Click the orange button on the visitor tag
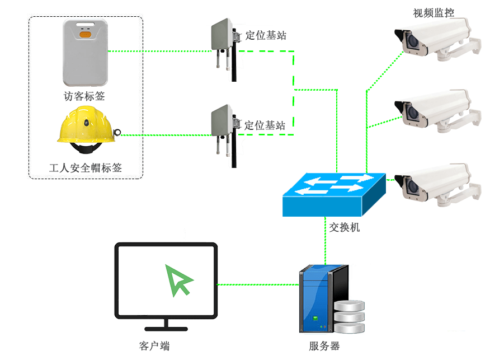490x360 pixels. pyautogui.click(x=85, y=35)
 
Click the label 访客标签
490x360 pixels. pyautogui.click(x=84, y=96)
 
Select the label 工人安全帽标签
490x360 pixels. pyautogui.click(x=86, y=167)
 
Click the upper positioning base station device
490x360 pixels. pyautogui.click(x=223, y=42)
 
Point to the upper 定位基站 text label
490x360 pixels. pyautogui.click(x=266, y=35)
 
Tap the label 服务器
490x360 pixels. pyautogui.click(x=324, y=346)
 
